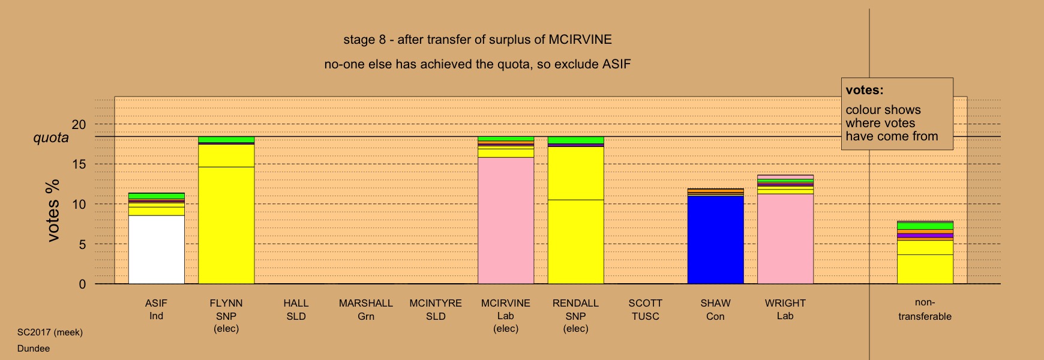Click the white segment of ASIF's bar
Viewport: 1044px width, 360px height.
coord(157,250)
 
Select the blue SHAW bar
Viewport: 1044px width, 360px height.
coord(716,240)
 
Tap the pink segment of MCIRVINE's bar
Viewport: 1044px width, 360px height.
coord(506,221)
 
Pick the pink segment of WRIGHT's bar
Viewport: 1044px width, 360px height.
coord(785,239)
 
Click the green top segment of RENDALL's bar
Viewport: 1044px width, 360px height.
coord(576,140)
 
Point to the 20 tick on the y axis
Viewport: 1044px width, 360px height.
coord(79,125)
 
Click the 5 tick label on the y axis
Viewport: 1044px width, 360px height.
coord(82,244)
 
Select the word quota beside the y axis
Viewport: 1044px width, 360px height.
coord(51,138)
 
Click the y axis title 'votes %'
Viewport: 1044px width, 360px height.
coord(53,211)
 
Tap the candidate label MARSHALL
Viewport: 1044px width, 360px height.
coord(366,303)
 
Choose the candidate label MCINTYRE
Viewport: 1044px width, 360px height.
coord(436,303)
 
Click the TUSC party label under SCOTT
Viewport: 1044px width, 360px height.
coord(646,316)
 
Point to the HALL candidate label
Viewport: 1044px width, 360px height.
coord(296,303)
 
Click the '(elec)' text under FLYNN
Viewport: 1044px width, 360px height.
coord(226,329)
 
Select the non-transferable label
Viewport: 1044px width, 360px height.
coord(925,310)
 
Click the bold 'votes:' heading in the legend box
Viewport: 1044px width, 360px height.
coord(865,91)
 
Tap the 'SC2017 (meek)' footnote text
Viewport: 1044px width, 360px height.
coord(50,332)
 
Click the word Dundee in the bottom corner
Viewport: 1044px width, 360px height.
coord(34,349)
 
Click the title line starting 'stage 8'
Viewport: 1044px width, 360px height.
coord(478,40)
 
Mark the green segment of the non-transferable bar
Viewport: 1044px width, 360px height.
coord(925,226)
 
